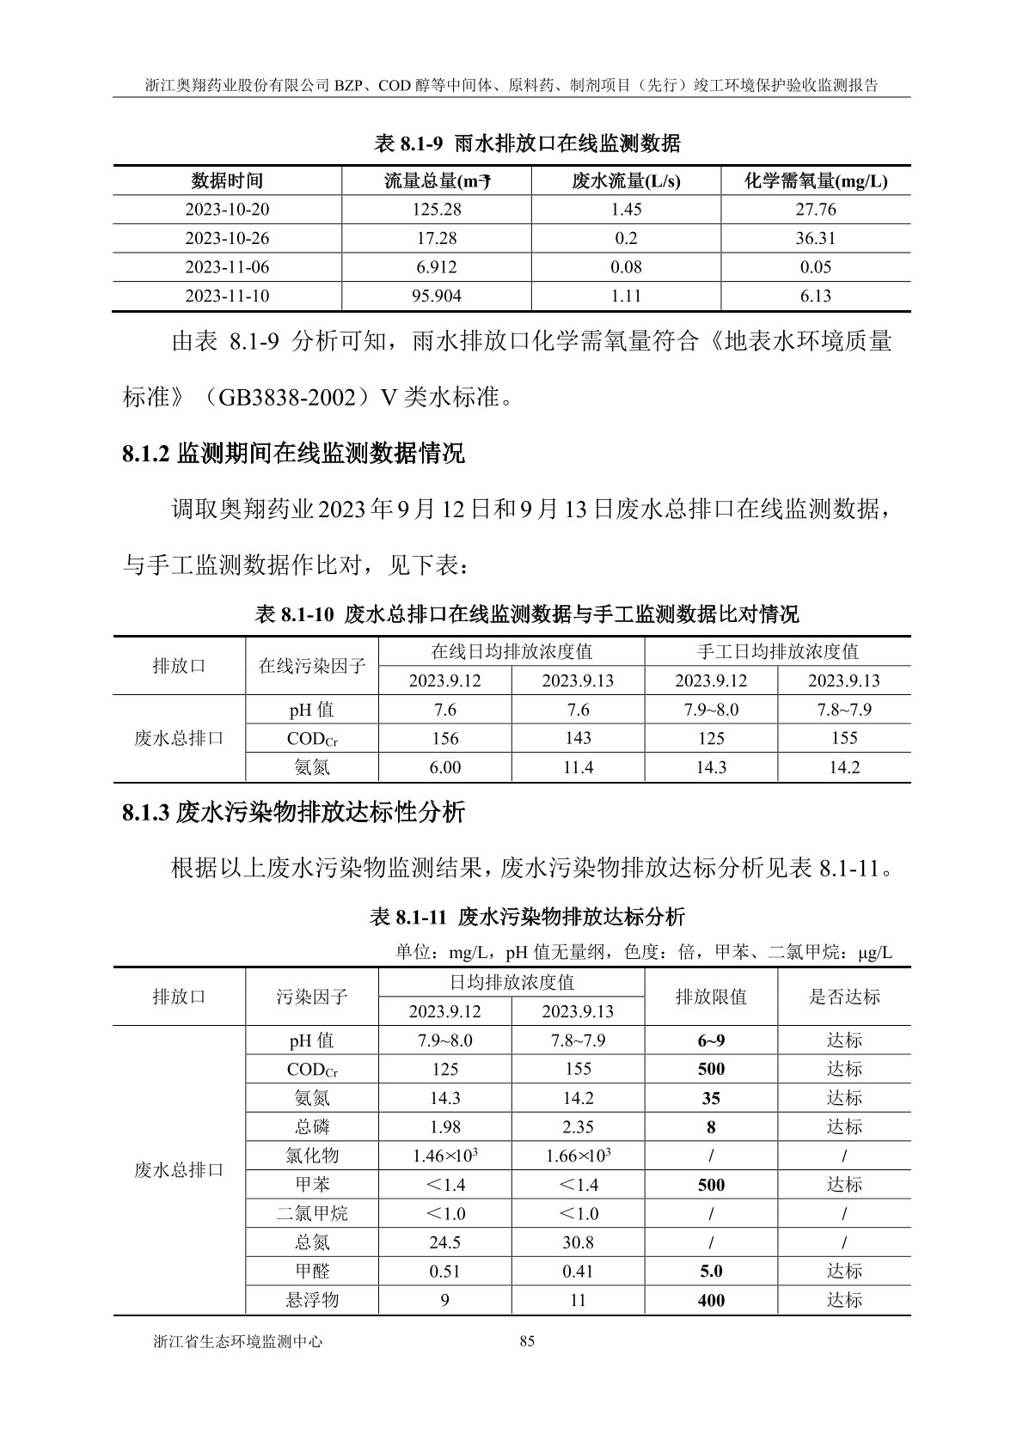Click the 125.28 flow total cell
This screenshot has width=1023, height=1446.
[436, 210]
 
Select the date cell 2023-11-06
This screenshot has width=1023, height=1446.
[227, 267]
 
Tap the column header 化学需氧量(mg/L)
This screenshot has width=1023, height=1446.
[815, 181]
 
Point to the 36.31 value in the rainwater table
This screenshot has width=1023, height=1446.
[815, 238]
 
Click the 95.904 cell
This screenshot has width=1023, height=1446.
[436, 296]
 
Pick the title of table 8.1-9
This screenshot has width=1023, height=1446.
[528, 143]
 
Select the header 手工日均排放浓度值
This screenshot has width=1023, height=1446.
[777, 651]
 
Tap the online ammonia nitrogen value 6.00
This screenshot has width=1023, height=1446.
[444, 767]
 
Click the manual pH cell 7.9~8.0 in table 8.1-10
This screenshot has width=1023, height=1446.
[711, 710]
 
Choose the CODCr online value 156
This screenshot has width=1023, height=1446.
[444, 739]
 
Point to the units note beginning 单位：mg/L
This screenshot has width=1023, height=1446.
[644, 953]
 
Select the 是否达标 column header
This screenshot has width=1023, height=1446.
[844, 997]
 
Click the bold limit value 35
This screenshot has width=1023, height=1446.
[711, 1099]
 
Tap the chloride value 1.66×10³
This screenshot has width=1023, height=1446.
[578, 1156]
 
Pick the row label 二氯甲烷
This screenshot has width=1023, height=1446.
[311, 1213]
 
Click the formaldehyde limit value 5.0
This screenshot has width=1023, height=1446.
[711, 1271]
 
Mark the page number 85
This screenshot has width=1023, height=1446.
[528, 1341]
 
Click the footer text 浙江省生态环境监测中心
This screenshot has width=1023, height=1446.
[237, 1341]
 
